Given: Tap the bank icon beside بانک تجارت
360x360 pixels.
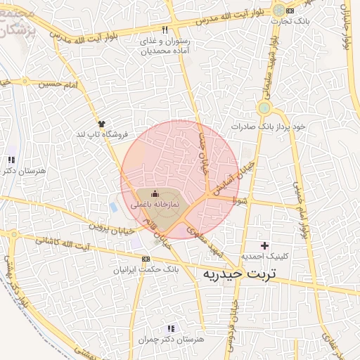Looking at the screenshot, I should (x=290, y=11).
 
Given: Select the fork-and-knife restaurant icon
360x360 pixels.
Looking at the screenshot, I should (x=165, y=30).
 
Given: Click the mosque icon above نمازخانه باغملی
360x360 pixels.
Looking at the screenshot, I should (x=155, y=194).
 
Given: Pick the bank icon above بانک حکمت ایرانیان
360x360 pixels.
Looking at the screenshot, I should (x=146, y=258).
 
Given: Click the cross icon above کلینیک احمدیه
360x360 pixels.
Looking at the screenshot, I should (x=264, y=245).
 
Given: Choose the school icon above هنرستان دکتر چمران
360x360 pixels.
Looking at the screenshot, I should (x=170, y=328).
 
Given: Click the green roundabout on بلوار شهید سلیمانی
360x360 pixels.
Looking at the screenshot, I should (x=264, y=108).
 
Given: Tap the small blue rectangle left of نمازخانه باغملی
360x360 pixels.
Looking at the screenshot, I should (x=114, y=207).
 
